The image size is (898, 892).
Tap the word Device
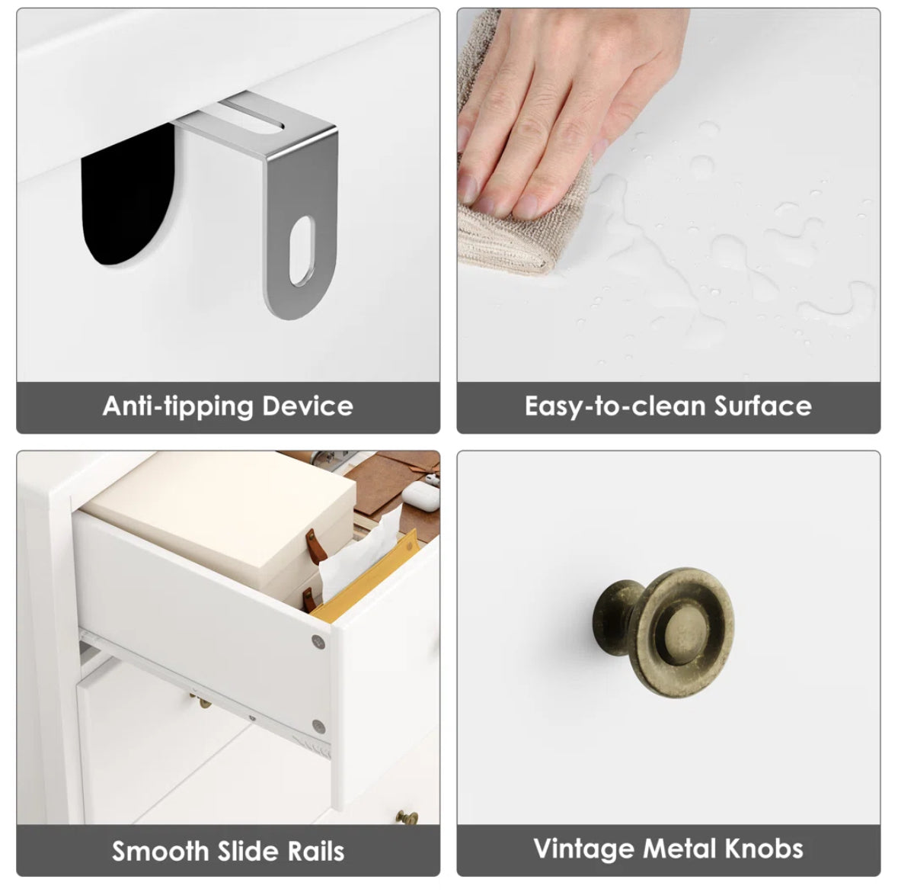point(308,406)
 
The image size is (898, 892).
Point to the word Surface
point(763,406)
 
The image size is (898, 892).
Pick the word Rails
point(316,851)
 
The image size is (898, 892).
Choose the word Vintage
point(583,849)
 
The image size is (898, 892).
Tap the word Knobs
point(764,849)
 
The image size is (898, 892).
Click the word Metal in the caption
point(679,849)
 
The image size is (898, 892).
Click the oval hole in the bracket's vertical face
point(302,251)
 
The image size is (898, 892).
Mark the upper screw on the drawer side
point(318,642)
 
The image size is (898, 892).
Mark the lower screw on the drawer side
point(318,727)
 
